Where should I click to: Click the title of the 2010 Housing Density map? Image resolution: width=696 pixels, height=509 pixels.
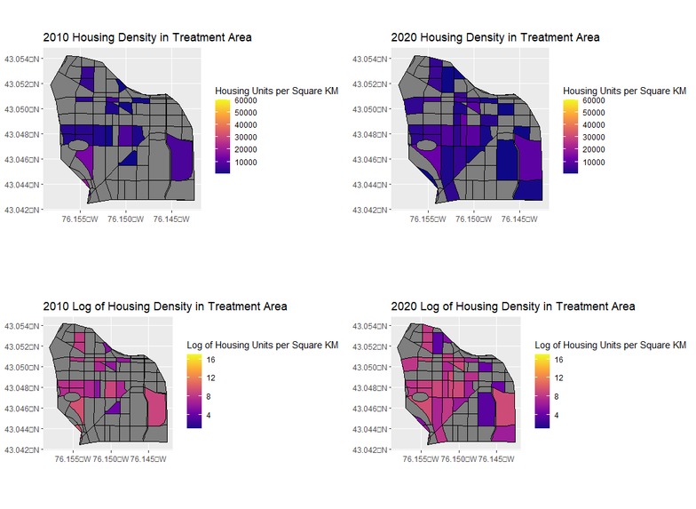(147, 37)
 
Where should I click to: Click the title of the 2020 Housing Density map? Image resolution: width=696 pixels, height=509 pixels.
(495, 37)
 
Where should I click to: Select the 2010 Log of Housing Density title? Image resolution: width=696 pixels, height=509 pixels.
(165, 306)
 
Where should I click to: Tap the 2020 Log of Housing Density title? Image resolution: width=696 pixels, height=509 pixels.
(513, 306)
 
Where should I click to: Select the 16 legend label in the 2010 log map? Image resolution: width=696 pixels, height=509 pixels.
(212, 362)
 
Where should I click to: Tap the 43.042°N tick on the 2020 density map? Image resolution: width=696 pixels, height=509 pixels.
(368, 210)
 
